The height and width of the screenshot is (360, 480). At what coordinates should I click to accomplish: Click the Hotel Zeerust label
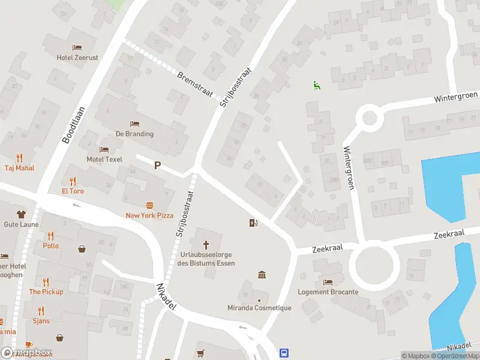pos(77,58)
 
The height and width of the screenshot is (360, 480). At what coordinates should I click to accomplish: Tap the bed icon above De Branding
pos(134,124)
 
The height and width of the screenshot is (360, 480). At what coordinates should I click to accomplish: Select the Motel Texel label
pos(104,159)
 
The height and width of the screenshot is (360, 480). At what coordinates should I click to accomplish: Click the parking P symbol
pos(158,165)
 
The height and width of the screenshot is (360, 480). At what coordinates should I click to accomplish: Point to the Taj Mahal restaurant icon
pos(19,158)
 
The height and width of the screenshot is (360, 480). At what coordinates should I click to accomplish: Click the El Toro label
pos(73,191)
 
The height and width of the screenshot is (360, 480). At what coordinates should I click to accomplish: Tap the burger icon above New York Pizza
pos(149,205)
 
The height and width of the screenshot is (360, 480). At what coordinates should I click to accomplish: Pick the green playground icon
pos(316,85)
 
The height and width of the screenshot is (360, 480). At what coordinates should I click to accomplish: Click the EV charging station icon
pos(254,223)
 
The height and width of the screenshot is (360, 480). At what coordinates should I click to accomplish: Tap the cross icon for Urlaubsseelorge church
pos(206,245)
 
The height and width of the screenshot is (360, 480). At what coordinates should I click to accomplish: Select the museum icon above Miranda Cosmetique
pos(262,275)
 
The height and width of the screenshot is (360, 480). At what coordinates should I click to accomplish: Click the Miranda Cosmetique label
pos(259,308)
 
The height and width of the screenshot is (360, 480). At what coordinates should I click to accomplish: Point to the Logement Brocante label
pos(328,292)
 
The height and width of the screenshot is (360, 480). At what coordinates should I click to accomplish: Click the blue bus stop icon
pos(285,353)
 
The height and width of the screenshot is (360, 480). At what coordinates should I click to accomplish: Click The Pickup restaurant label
pos(46,292)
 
